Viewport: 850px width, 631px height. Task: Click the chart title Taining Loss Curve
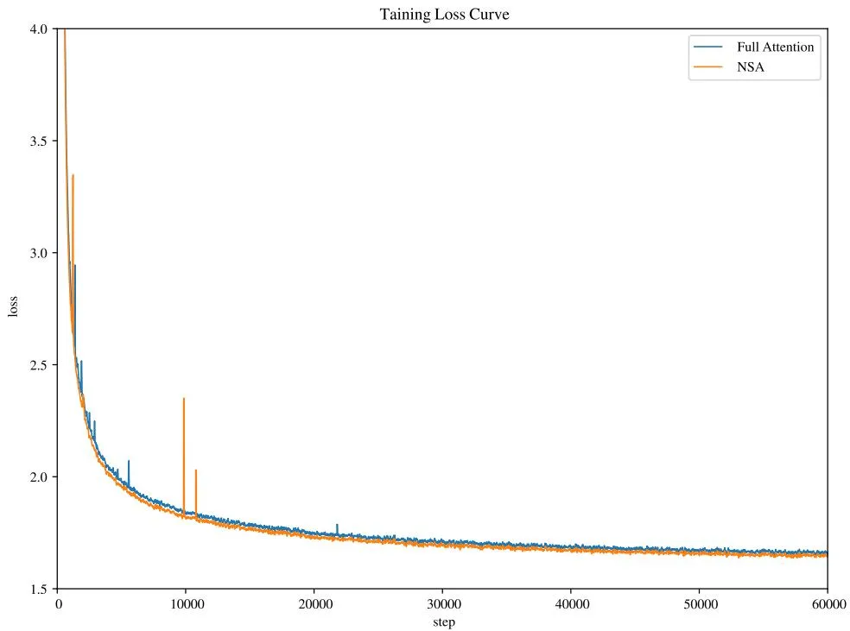(444, 14)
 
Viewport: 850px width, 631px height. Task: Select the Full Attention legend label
(775, 47)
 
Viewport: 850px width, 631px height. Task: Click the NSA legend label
(751, 67)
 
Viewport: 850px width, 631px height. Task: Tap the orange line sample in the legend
(708, 67)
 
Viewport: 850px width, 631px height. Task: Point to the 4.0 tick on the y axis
(39, 28)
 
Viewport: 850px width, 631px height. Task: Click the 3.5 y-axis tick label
(39, 141)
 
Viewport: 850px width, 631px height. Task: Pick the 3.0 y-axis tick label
(39, 253)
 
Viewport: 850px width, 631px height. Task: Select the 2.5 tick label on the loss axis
(39, 365)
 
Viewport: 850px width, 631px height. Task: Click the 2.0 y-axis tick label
(39, 477)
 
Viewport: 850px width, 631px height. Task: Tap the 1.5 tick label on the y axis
(39, 590)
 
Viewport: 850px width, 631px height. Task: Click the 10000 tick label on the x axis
(187, 604)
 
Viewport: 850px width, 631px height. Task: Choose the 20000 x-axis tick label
(315, 604)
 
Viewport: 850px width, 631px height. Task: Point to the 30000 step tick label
(444, 604)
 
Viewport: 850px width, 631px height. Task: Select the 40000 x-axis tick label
(573, 604)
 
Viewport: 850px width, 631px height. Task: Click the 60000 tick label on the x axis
(829, 604)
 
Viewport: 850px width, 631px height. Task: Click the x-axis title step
(444, 622)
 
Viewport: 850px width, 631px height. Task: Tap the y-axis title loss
(13, 306)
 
